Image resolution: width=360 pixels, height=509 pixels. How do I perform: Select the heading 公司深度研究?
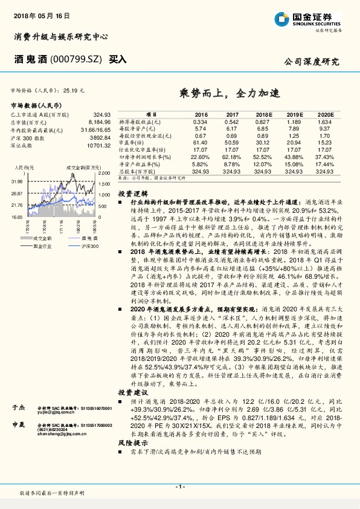(312, 61)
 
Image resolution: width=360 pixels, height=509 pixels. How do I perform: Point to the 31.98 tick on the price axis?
(16, 181)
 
